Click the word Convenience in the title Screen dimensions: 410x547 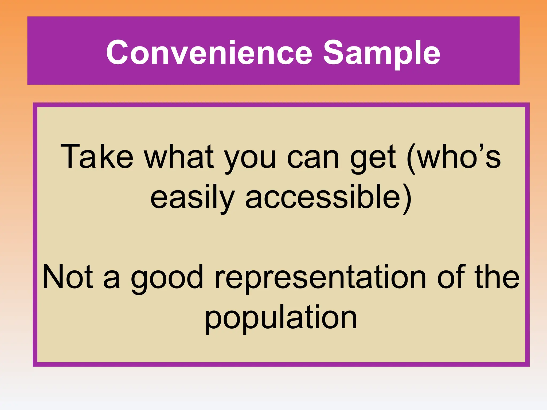[209, 52]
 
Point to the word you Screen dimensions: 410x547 [250, 160]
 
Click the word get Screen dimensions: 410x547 [373, 160]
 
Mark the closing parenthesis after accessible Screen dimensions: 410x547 [407, 199]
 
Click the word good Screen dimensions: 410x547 [167, 279]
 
